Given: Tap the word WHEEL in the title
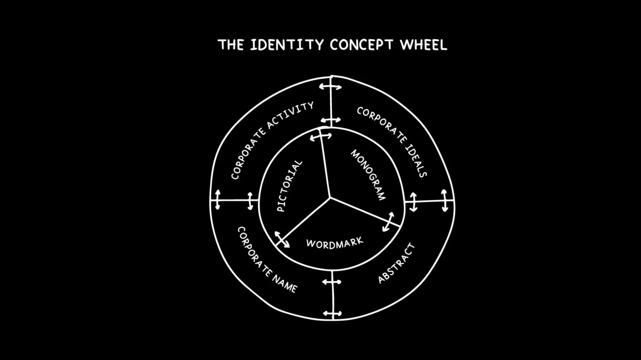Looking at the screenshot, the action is (x=423, y=45).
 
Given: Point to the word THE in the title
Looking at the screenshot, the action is (x=230, y=45).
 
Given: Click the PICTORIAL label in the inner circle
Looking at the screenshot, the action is (x=289, y=186).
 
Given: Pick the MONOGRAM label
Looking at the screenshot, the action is (x=368, y=175).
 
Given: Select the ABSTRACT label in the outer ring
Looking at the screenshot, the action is (x=396, y=263).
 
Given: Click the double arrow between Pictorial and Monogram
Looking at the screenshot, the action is (x=321, y=137).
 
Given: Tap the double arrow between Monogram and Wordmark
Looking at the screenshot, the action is (x=388, y=222).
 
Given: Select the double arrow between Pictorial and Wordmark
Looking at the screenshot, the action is (x=282, y=240).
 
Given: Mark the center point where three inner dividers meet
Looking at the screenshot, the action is (x=330, y=197).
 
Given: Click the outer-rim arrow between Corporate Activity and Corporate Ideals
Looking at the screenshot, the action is (x=330, y=86).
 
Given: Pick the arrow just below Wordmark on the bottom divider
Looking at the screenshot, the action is (x=332, y=282).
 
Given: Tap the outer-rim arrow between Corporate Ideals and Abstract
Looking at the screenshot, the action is (x=444, y=201).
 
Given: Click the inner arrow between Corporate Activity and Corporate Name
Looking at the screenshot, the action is (x=250, y=201).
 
